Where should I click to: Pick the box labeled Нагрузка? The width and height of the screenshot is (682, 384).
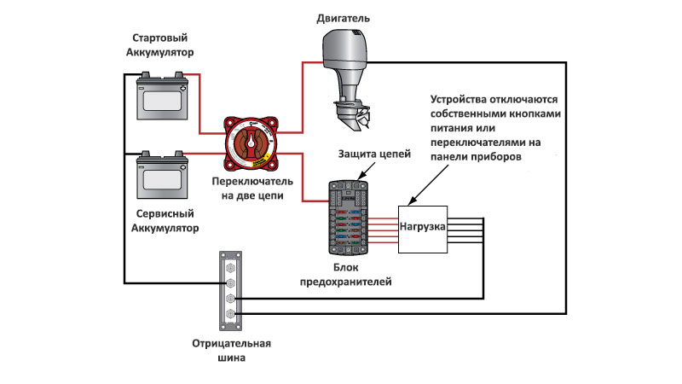[x=423, y=228]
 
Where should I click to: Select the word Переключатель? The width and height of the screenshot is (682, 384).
[x=253, y=182]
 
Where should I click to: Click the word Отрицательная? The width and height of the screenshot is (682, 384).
[x=231, y=344]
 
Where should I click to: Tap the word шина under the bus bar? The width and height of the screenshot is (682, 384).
[x=231, y=358]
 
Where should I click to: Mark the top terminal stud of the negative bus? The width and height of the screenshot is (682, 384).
[x=230, y=265]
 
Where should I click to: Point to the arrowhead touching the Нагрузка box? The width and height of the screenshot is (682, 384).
[x=410, y=203]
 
